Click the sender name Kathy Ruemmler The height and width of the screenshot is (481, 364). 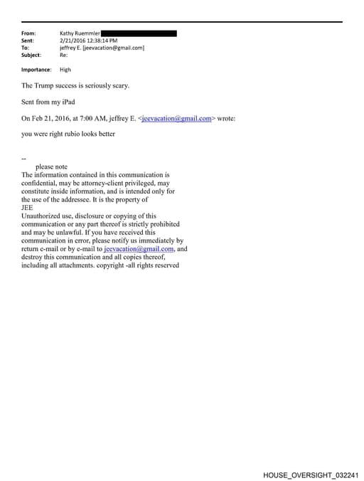[x=80, y=33]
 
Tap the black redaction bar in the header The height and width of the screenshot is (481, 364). [x=139, y=33]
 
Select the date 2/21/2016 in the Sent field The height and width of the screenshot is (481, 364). [x=73, y=41]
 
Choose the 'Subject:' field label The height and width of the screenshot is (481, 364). [x=31, y=55]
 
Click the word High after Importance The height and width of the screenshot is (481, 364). [x=65, y=70]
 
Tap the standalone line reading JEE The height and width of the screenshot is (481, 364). [x=28, y=208]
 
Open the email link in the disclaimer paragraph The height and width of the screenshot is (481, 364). [x=139, y=249]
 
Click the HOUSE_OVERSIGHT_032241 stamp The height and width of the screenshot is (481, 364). [x=311, y=474]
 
